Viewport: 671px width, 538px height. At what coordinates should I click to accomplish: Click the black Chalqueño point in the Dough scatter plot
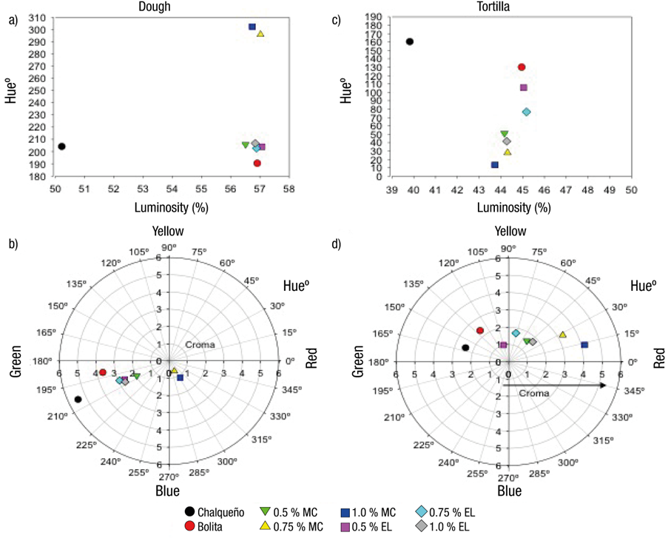click(x=62, y=147)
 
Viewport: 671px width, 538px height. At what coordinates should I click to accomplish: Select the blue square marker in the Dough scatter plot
click(x=252, y=27)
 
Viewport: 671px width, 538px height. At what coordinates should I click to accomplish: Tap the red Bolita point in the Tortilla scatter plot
click(x=522, y=67)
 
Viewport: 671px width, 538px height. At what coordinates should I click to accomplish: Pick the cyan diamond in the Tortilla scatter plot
click(x=526, y=112)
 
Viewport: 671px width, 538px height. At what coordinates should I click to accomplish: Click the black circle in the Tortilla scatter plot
click(x=410, y=41)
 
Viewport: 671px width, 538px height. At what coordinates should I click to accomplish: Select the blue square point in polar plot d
click(x=584, y=345)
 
